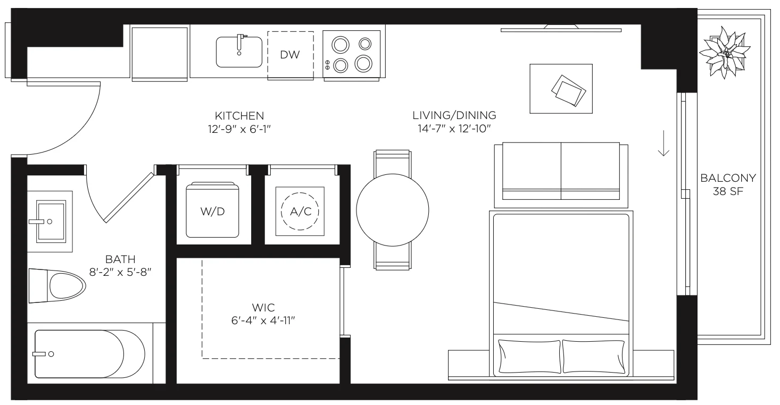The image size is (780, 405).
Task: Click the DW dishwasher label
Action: click(290, 55)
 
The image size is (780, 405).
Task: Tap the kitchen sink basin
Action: click(239, 52)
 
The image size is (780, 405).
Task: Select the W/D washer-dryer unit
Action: click(212, 210)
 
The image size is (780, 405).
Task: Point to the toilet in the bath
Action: click(57, 285)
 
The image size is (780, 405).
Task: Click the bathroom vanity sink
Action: click(51, 221)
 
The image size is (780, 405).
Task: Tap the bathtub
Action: click(89, 354)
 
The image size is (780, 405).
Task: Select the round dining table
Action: click(393, 210)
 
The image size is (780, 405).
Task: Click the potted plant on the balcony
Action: click(725, 52)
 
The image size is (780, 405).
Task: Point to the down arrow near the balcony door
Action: click(663, 143)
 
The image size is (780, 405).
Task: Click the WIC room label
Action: click(263, 308)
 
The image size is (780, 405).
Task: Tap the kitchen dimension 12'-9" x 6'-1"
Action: click(239, 129)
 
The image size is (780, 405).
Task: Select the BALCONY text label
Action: click(728, 178)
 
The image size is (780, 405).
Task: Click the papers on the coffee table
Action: click(568, 90)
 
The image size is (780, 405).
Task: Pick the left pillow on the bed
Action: click(529, 356)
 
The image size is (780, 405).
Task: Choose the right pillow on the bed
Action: click(594, 356)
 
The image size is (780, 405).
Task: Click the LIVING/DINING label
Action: click(454, 115)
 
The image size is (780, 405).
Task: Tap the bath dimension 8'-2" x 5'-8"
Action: click(120, 272)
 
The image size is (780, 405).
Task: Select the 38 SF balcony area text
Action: click(728, 191)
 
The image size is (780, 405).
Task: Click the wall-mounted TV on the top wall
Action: click(561, 29)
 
